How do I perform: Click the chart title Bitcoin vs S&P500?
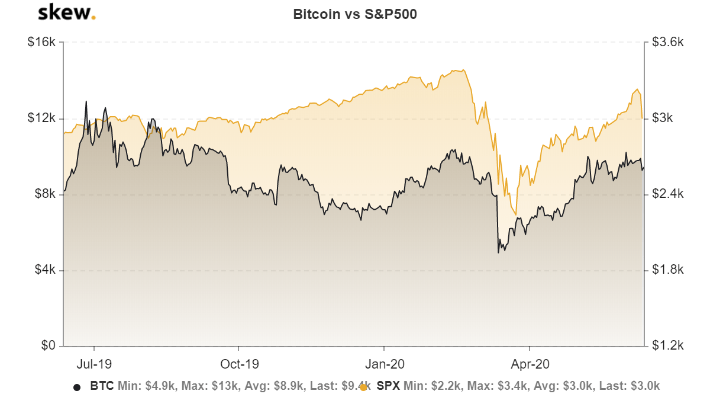[x=355, y=15]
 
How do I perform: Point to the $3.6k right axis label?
[x=667, y=43]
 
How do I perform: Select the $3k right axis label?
[x=663, y=118]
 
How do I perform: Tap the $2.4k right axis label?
[x=667, y=194]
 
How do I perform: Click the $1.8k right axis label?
[x=667, y=270]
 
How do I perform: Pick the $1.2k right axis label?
[x=667, y=345]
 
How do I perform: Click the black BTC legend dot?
[x=76, y=387]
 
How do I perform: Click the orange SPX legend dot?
[x=363, y=387]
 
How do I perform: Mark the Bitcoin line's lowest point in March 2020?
[x=498, y=253]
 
